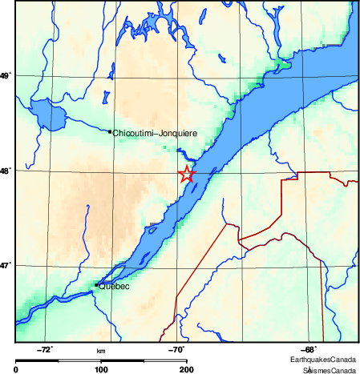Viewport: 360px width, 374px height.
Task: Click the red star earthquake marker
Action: click(186, 174)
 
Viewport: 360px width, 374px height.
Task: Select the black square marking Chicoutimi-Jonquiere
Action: click(110, 131)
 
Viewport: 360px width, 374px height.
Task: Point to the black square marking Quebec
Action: click(97, 284)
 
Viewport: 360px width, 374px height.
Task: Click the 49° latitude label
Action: click(6, 76)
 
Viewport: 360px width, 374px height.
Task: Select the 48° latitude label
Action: click(6, 171)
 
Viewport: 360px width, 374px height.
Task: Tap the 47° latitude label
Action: click(6, 265)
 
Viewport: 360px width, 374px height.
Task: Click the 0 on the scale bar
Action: click(17, 370)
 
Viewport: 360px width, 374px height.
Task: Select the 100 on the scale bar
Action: click(101, 370)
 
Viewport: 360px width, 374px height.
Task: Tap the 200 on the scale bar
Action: click(186, 370)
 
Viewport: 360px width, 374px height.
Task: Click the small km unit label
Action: click(101, 351)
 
